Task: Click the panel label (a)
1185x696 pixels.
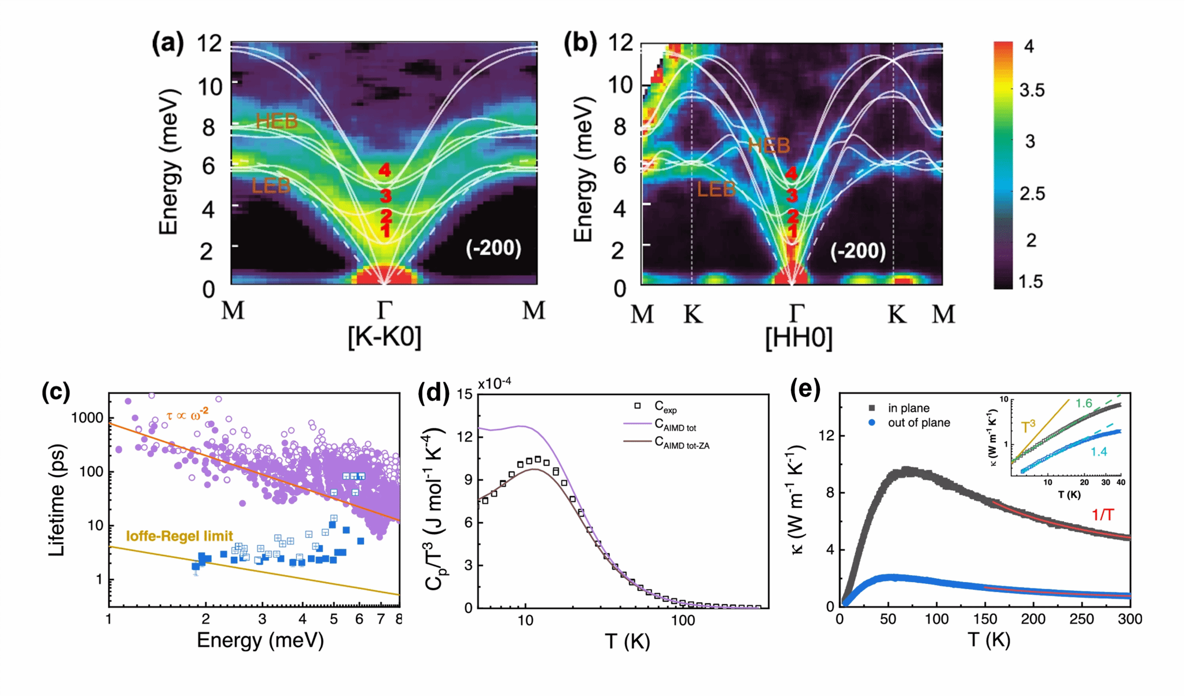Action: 168,43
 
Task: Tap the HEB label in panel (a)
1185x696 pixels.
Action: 277,121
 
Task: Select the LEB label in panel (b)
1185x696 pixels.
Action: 716,190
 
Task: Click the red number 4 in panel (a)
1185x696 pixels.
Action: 385,170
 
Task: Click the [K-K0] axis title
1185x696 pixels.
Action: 384,336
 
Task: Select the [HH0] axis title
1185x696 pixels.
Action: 798,338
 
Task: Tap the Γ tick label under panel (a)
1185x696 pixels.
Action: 385,310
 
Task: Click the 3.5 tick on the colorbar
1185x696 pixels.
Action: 1032,90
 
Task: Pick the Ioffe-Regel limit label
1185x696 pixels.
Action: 179,536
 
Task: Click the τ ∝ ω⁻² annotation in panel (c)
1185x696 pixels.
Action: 187,414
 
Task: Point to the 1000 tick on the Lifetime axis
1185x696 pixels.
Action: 87,418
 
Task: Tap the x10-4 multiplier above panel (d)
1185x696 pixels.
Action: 494,383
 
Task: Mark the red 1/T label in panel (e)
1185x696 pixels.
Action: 1102,514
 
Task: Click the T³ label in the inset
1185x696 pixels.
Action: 1028,427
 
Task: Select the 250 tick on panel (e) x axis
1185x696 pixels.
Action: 1081,619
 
